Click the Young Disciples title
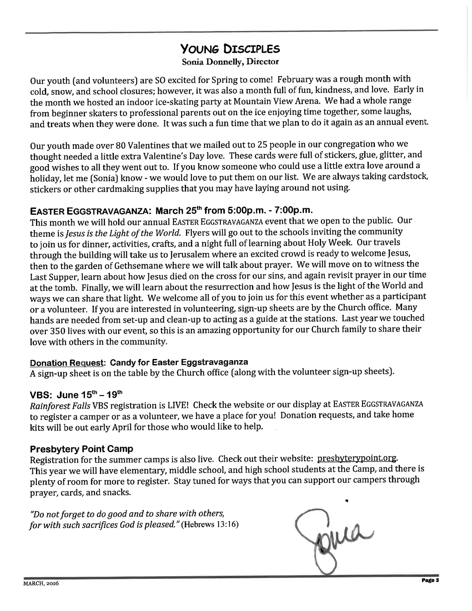point(230,49)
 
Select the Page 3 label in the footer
point(430,580)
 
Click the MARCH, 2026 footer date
point(41,584)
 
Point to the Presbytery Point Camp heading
point(81,449)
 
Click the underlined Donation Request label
point(67,362)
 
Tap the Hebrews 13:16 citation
point(210,524)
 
